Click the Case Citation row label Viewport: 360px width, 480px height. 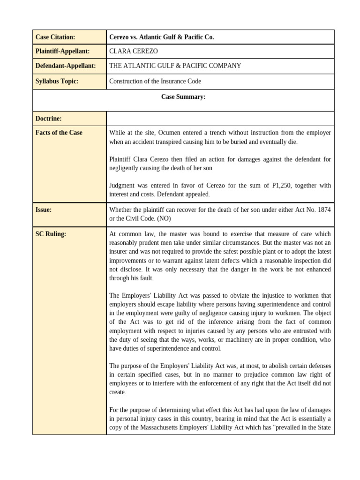55,37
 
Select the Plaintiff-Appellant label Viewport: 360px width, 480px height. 62,51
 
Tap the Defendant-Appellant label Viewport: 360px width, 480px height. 65,66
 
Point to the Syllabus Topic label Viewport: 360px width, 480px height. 57,81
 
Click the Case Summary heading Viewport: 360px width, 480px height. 183,97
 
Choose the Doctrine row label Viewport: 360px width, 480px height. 49,119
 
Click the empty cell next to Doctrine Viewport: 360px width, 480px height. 220,119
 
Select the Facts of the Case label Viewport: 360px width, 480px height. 59,133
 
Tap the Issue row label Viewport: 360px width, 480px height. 44,210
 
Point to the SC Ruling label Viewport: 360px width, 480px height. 51,234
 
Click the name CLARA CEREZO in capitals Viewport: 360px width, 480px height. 134,51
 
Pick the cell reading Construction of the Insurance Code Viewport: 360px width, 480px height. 155,81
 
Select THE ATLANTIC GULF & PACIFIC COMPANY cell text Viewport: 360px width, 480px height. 175,66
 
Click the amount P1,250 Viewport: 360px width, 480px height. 282,185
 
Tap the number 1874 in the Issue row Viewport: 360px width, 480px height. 324,210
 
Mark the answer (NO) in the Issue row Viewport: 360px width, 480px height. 164,219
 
